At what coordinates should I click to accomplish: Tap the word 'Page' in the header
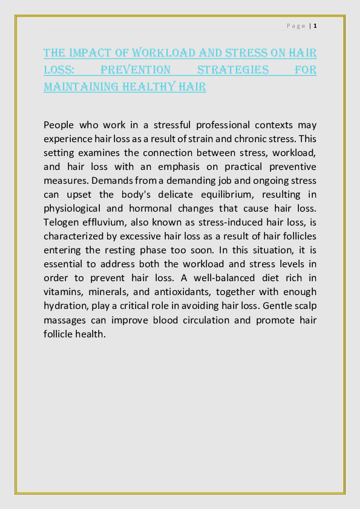[x=296, y=26]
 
